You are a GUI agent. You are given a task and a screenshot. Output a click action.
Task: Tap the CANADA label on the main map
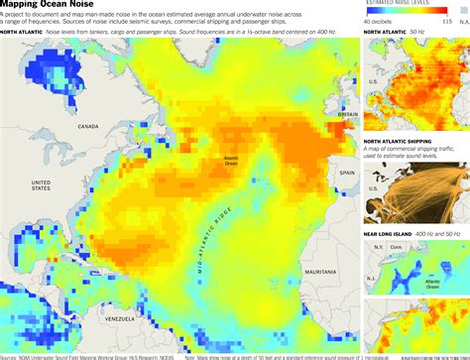click(x=90, y=126)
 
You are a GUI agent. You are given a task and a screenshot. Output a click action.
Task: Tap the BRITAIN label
click(x=347, y=114)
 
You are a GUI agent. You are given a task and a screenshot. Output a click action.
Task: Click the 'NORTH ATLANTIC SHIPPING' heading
click(x=405, y=140)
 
